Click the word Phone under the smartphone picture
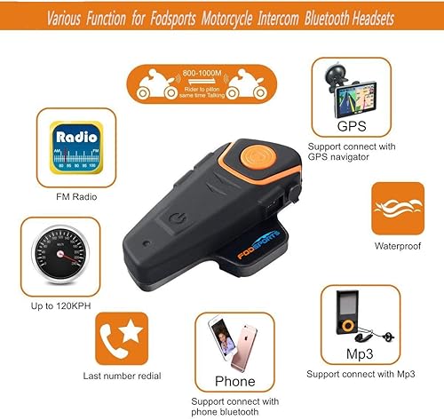coord(235,382)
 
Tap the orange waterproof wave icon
coord(397,209)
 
